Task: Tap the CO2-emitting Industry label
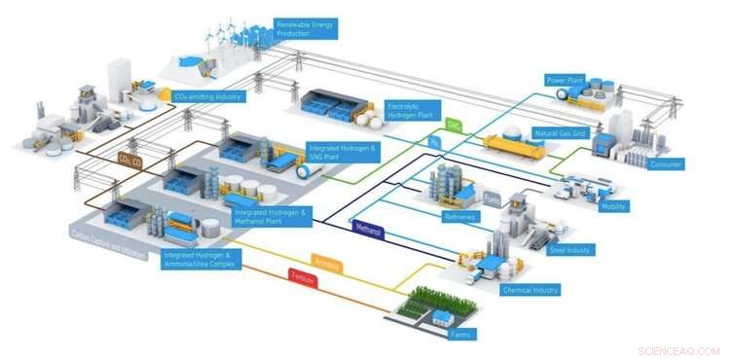click(207, 97)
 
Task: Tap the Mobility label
click(614, 206)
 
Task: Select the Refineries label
click(459, 217)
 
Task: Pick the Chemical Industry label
click(530, 290)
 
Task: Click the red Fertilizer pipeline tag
click(303, 277)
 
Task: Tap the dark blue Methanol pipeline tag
click(367, 232)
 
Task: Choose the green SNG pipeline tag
click(453, 126)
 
